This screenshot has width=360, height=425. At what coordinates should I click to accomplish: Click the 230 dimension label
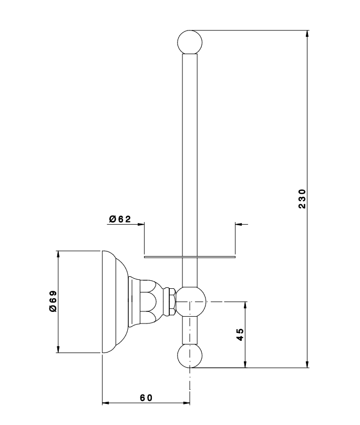[302, 198]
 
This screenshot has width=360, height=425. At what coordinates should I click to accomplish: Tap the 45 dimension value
[240, 335]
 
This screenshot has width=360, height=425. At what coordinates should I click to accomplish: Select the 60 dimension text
[146, 397]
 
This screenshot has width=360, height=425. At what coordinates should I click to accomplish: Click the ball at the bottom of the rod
[190, 356]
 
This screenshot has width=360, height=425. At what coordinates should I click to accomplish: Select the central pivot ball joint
[190, 301]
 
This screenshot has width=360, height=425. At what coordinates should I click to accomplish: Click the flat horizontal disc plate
[189, 257]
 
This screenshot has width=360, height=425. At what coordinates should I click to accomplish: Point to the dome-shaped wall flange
[115, 301]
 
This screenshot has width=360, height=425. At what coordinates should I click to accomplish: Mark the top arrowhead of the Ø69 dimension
[58, 254]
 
